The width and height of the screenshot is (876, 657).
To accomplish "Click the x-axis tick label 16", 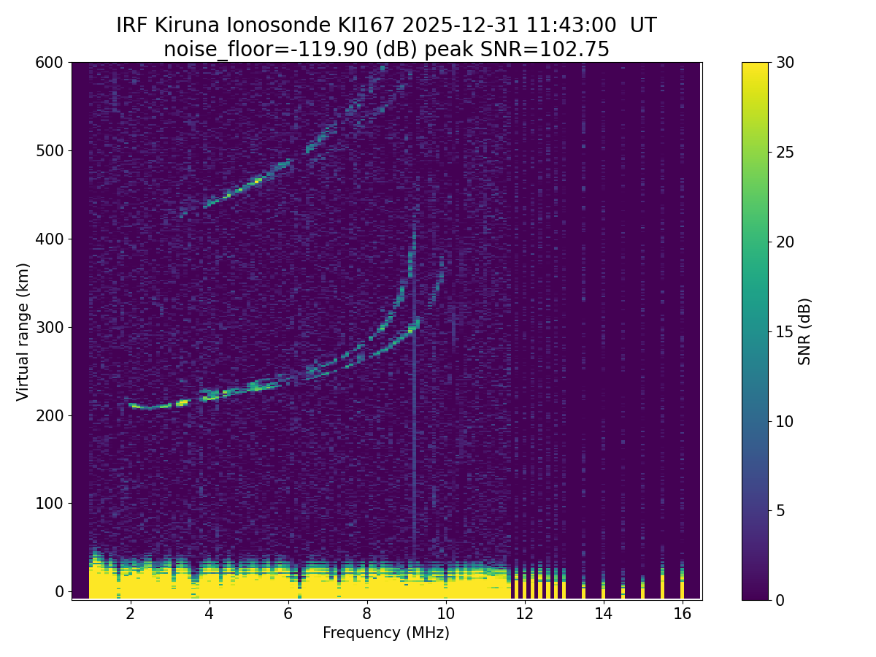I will (682, 614).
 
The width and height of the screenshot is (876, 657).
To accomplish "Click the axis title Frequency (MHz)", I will (386, 633).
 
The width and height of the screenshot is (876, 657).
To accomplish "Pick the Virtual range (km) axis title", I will (23, 331).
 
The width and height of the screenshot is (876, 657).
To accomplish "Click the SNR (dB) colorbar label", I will (804, 331).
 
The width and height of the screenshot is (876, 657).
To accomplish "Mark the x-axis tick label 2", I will (131, 614).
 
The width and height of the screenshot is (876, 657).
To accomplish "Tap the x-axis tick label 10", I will (445, 614).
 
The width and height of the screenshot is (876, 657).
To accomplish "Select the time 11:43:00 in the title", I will (558, 26).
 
